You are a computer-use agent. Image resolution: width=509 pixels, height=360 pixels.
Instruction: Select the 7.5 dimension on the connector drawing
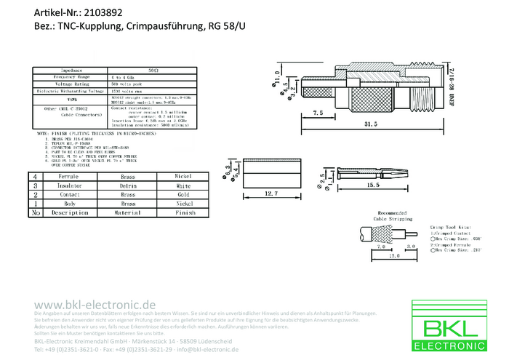pyautogui.click(x=318, y=114)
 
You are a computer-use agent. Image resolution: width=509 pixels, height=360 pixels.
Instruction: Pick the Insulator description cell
pyautogui.click(x=69, y=186)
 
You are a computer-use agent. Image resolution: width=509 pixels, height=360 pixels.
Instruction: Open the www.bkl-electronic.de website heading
pyautogui.click(x=95, y=304)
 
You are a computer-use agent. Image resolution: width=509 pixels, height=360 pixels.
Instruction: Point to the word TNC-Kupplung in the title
pyautogui.click(x=93, y=26)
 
